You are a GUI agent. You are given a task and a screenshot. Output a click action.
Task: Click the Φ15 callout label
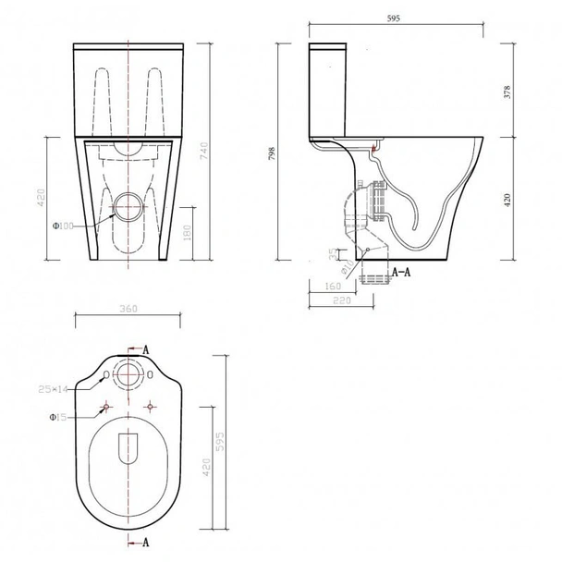coord(57,417)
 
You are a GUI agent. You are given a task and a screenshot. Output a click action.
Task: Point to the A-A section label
coord(401,274)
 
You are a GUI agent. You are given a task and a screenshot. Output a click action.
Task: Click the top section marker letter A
coord(146,348)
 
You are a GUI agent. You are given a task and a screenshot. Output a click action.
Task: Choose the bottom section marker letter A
coord(146,539)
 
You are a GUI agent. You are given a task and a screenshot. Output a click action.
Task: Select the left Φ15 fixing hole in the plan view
coord(109,407)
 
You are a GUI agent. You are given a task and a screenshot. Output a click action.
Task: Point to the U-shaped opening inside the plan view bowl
coord(128,446)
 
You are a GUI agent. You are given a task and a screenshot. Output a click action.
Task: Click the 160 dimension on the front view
coord(189,230)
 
